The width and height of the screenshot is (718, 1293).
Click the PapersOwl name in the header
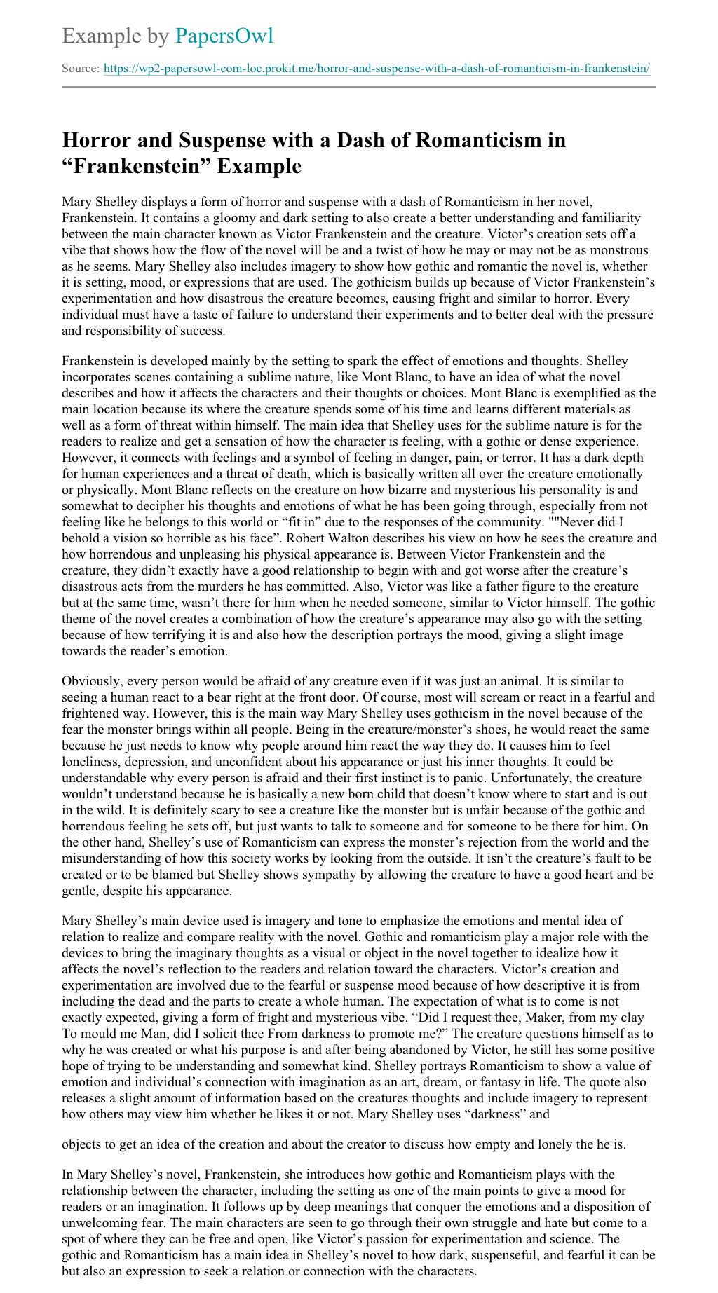coord(224,36)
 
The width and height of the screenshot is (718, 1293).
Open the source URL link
coord(377,69)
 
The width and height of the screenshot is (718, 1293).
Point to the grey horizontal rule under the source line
coord(359,88)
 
